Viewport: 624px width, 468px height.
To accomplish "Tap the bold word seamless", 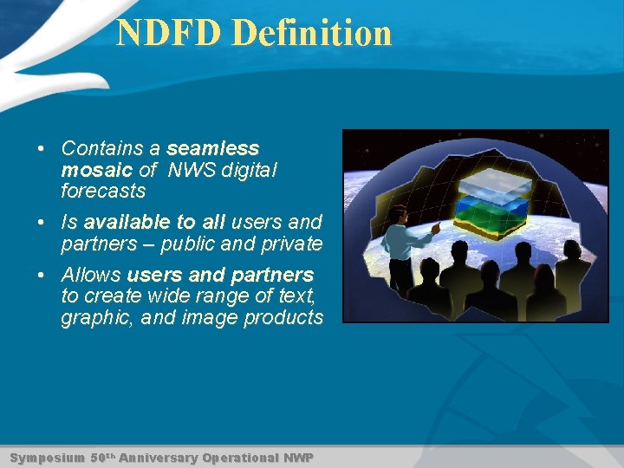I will coord(213,148).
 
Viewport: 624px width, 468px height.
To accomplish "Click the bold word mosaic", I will coord(97,169).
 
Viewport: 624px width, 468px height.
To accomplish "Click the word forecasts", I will coord(103,190).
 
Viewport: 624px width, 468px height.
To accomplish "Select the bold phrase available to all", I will coord(154,223).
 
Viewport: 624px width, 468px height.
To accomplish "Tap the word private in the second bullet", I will coord(290,244).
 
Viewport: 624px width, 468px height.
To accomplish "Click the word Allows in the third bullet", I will coord(91,275).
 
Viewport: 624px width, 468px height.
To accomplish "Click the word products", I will coord(283,317).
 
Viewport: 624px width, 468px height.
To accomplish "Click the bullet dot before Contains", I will coord(42,149).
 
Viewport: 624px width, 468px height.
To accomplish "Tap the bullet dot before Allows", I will coord(42,276).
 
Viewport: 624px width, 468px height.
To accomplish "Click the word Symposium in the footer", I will coord(47,458).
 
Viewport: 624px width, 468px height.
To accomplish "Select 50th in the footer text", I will coord(102,458).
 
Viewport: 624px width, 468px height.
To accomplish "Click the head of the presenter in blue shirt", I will coord(398,213).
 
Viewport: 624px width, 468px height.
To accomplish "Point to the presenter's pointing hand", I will coord(435,228).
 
